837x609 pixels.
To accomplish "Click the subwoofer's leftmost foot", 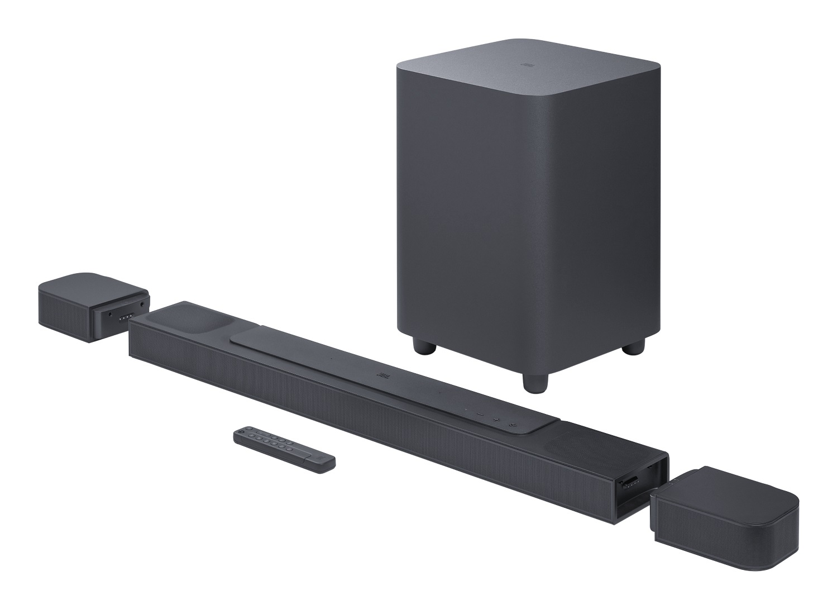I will click(425, 347).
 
